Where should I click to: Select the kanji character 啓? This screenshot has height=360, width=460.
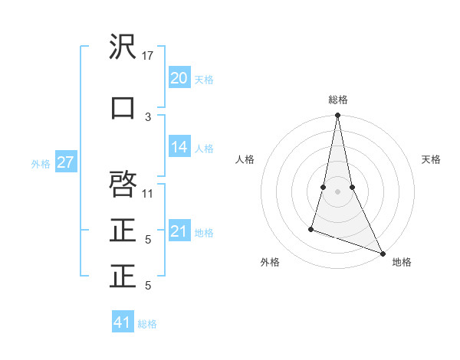[x=123, y=184]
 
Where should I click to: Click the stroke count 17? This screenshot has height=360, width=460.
[x=148, y=56]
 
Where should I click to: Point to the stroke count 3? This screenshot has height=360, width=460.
[x=148, y=116]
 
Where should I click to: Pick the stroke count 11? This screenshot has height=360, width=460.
[x=148, y=193]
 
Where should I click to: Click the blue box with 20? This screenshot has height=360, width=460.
[x=179, y=78]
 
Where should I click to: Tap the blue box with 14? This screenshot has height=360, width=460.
[x=179, y=147]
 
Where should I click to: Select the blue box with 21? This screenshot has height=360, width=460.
[x=179, y=231]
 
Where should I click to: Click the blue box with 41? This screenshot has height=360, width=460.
[x=123, y=322]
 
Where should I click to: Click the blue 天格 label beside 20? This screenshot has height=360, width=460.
[x=204, y=80]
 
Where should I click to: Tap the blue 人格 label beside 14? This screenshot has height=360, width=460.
[x=204, y=149]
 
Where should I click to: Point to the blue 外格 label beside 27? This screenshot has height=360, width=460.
[x=40, y=163]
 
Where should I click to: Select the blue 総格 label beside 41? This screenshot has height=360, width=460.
[x=147, y=324]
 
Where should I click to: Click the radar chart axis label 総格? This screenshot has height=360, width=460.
[x=337, y=100]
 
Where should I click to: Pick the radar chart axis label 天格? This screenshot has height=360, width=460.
[x=431, y=159]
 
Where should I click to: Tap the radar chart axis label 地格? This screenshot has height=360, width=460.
[x=402, y=263]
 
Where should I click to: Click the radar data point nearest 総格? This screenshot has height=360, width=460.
[x=337, y=116]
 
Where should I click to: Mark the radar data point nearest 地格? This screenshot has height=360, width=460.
[x=383, y=253]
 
